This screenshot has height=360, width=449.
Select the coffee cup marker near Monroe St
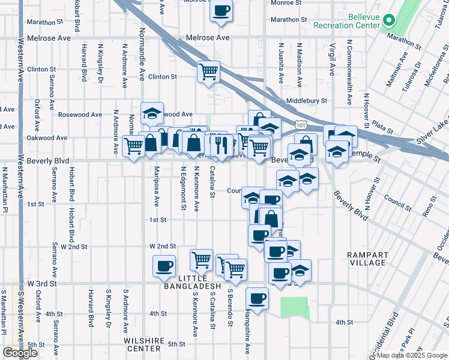tap(221, 11)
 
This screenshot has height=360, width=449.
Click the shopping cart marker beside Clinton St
tap(208, 72)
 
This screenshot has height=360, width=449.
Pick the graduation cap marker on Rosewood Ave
tap(152, 112)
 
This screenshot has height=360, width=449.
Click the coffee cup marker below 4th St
tap(258, 298)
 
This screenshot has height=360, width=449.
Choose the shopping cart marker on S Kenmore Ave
tap(201, 260)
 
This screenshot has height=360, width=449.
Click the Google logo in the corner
tap(20, 353)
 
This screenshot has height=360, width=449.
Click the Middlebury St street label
tap(307, 101)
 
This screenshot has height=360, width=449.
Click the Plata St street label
tap(382, 128)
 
